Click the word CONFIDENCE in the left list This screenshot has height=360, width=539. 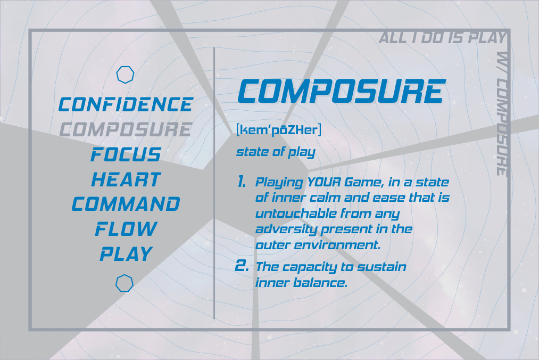pos(126,104)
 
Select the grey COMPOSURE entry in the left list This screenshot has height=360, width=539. pos(126,129)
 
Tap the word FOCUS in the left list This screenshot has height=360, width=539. pos(126,154)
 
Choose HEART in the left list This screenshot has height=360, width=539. pos(126,179)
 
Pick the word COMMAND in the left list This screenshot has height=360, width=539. pos(126,204)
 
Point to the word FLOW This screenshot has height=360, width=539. pos(126,229)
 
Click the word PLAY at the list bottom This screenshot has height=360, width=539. pos(126,255)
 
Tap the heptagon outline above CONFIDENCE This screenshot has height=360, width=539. pos(125,67)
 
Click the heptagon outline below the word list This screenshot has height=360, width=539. pos(125,275)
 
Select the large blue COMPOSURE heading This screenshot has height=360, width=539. pos(342,91)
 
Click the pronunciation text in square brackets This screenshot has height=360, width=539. pos(279,130)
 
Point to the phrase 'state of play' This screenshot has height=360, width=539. pos(276,152)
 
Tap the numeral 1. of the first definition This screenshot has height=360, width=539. pos(242,182)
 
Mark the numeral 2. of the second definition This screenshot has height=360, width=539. pos(242,266)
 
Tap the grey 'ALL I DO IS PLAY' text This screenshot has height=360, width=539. pos(443,37)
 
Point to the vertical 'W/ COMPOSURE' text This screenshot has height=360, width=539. pos(502,114)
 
